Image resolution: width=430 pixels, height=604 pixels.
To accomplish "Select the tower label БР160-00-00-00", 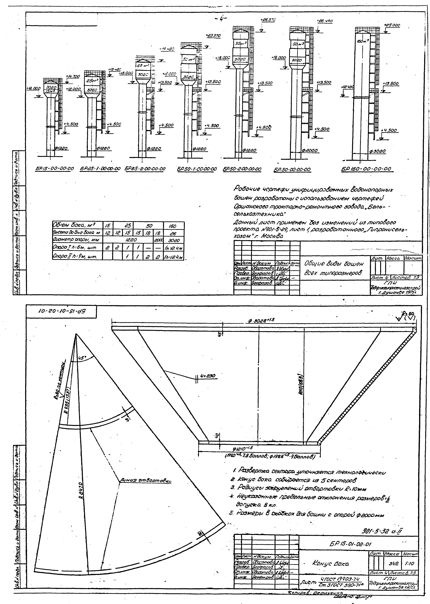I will click(366, 169).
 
